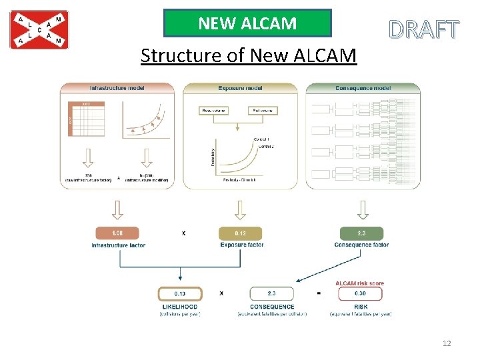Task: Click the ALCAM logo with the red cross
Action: [39, 30]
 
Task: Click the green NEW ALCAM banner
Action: [247, 23]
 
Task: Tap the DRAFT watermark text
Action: [424, 29]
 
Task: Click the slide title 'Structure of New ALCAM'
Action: [249, 55]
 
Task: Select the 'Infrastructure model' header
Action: [117, 88]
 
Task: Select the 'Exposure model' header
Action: [240, 88]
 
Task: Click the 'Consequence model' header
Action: [363, 88]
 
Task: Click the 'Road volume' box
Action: [214, 110]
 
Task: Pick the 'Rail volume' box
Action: [262, 110]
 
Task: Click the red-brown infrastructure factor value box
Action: [117, 233]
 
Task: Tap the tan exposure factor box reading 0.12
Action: [240, 233]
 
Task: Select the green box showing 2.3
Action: [361, 233]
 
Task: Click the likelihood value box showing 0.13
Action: [179, 293]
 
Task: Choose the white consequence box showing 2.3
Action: [271, 293]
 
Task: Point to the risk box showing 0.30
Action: [360, 293]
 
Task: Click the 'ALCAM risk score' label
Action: [360, 283]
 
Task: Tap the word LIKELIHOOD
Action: [179, 307]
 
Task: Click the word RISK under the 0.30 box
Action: [361, 307]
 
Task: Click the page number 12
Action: [447, 343]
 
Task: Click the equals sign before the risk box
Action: [319, 293]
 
